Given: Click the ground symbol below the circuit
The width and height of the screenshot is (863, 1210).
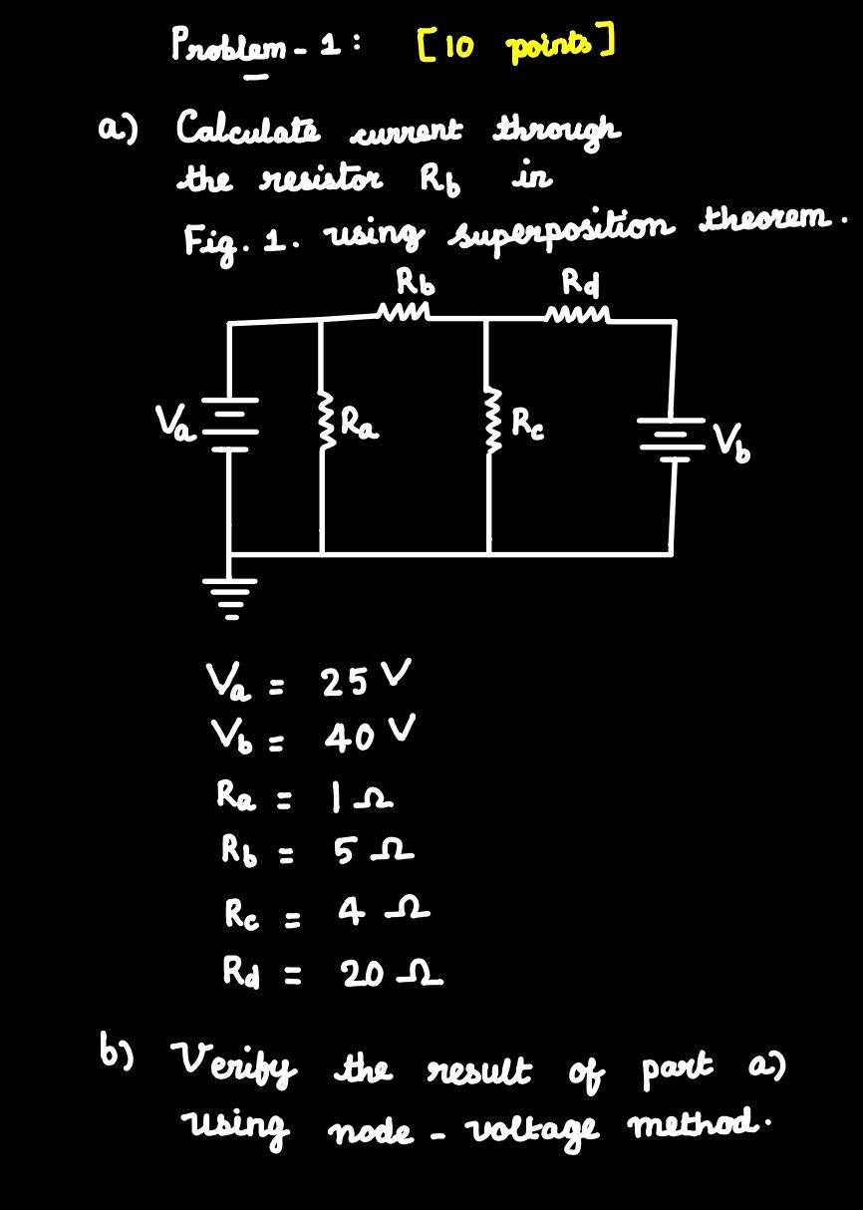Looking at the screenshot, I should pos(231,596).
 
